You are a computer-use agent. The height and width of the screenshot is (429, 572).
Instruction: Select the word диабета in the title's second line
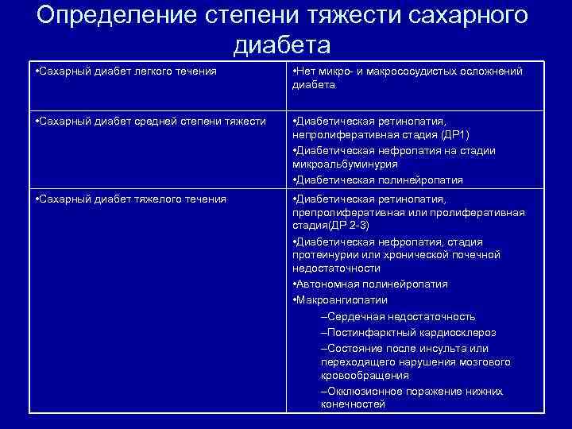pyautogui.click(x=283, y=44)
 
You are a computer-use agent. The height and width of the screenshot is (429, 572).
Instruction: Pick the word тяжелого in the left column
pyautogui.click(x=151, y=199)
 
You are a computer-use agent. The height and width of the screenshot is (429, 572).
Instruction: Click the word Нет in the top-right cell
pyautogui.click(x=307, y=71)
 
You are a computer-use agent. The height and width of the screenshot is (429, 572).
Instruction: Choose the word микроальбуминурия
pyautogui.click(x=345, y=164)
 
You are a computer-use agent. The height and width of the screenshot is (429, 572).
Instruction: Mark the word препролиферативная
pyautogui.click(x=346, y=212)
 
